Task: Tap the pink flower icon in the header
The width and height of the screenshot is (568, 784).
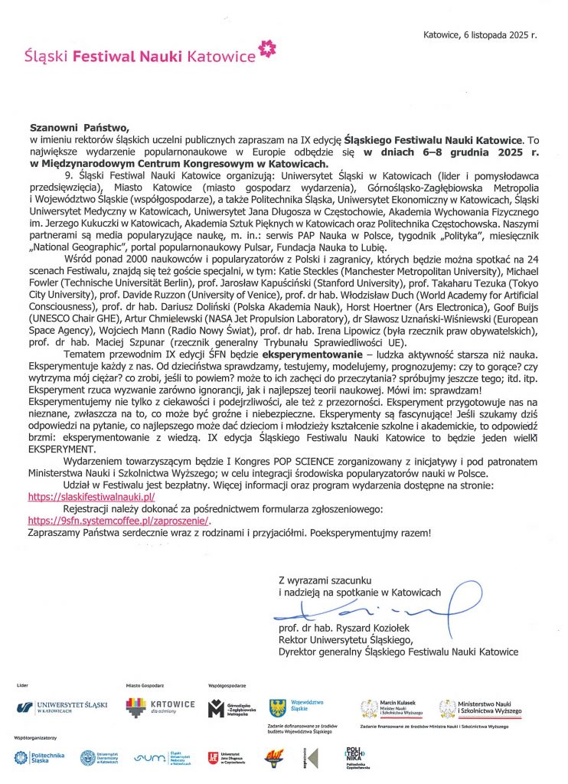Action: [267, 51]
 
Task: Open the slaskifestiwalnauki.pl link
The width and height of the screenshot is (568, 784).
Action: [91, 497]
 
